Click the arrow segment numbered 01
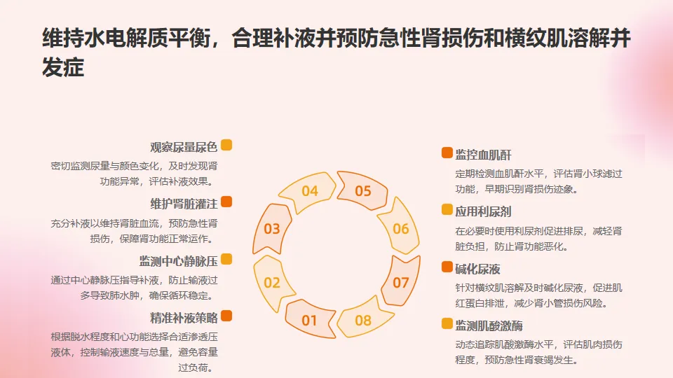tap(310, 319)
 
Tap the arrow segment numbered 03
tap(272, 228)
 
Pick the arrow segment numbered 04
tap(310, 190)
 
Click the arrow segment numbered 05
tap(362, 190)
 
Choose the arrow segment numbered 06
tap(400, 228)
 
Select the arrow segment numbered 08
tap(362, 320)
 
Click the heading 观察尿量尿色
tap(184, 147)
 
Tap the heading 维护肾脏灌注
tap(184, 204)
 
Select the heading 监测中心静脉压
tap(178, 261)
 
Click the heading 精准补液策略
tap(184, 317)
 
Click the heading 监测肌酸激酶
tap(488, 325)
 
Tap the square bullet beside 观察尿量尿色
tap(226, 146)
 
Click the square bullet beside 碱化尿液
tap(447, 267)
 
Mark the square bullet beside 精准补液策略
tap(226, 316)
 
